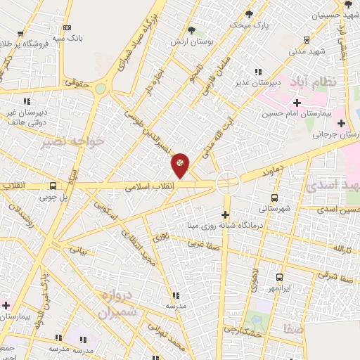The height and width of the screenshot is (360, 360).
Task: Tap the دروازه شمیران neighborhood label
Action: (115, 304)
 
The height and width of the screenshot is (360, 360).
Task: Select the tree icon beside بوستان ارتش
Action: (192, 30)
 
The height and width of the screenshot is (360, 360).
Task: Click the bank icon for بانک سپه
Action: (67, 27)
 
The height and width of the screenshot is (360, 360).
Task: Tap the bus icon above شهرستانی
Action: (274, 198)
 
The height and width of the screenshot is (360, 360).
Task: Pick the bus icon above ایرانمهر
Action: (279, 277)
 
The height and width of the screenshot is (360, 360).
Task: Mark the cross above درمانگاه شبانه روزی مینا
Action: (226, 214)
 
